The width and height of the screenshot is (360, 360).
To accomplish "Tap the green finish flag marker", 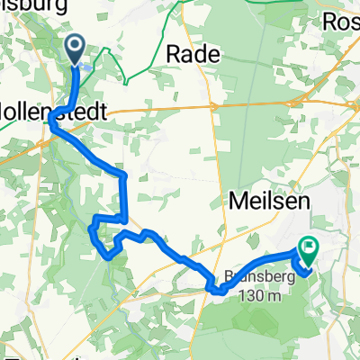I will [309, 245].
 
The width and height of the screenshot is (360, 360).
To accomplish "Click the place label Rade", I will [193, 54].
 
